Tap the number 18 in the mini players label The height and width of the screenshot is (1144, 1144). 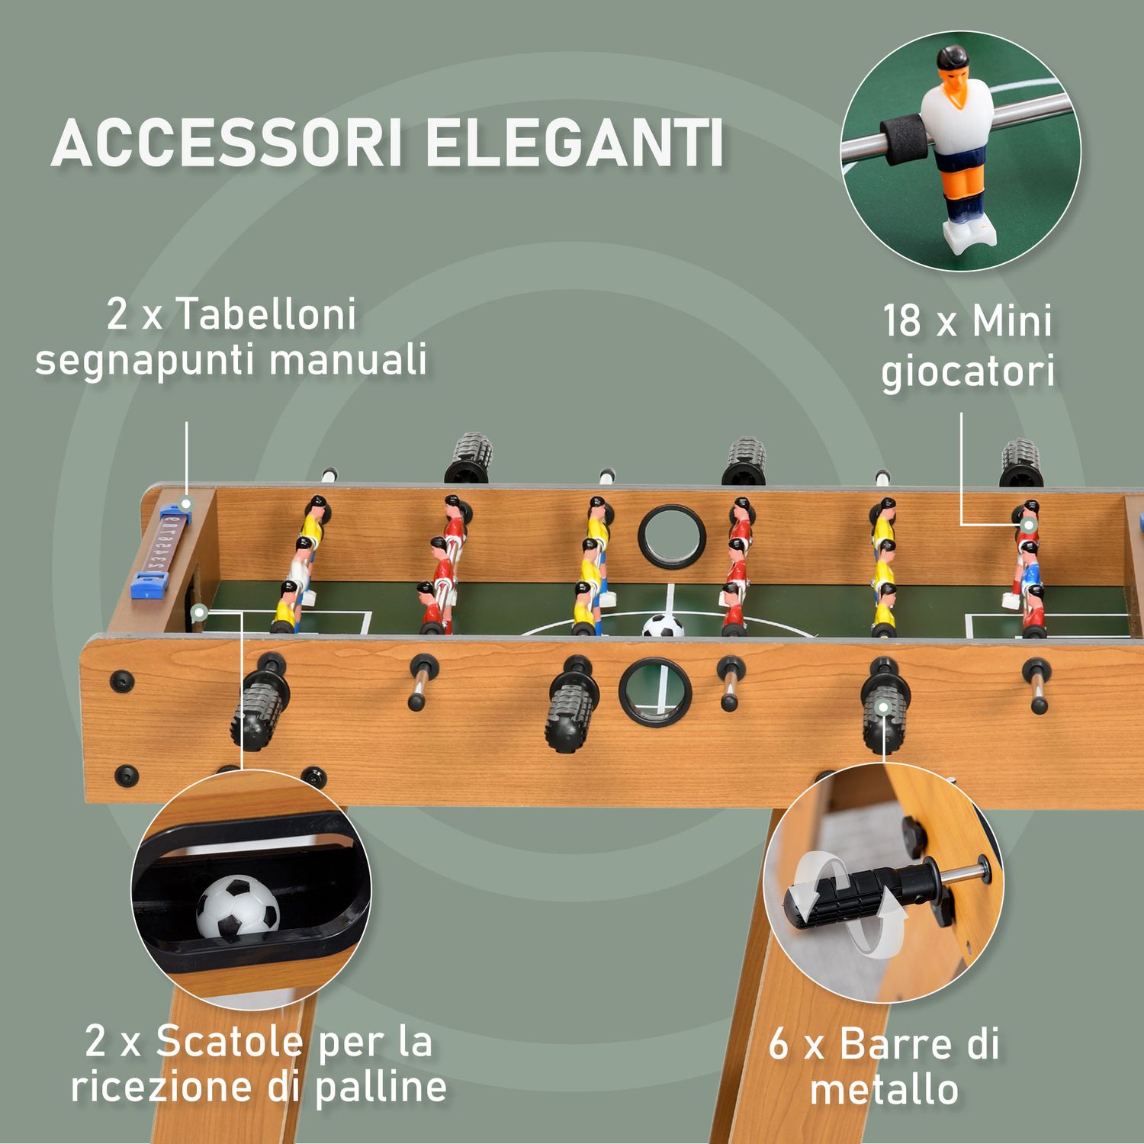click(901, 321)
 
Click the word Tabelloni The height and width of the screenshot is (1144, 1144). click(266, 314)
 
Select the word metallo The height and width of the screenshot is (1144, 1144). click(884, 1088)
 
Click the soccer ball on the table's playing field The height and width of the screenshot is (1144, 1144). click(662, 627)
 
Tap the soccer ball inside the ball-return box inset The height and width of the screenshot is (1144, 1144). click(238, 908)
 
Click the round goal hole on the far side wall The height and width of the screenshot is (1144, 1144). click(672, 535)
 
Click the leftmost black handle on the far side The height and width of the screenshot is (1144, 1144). click(471, 457)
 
